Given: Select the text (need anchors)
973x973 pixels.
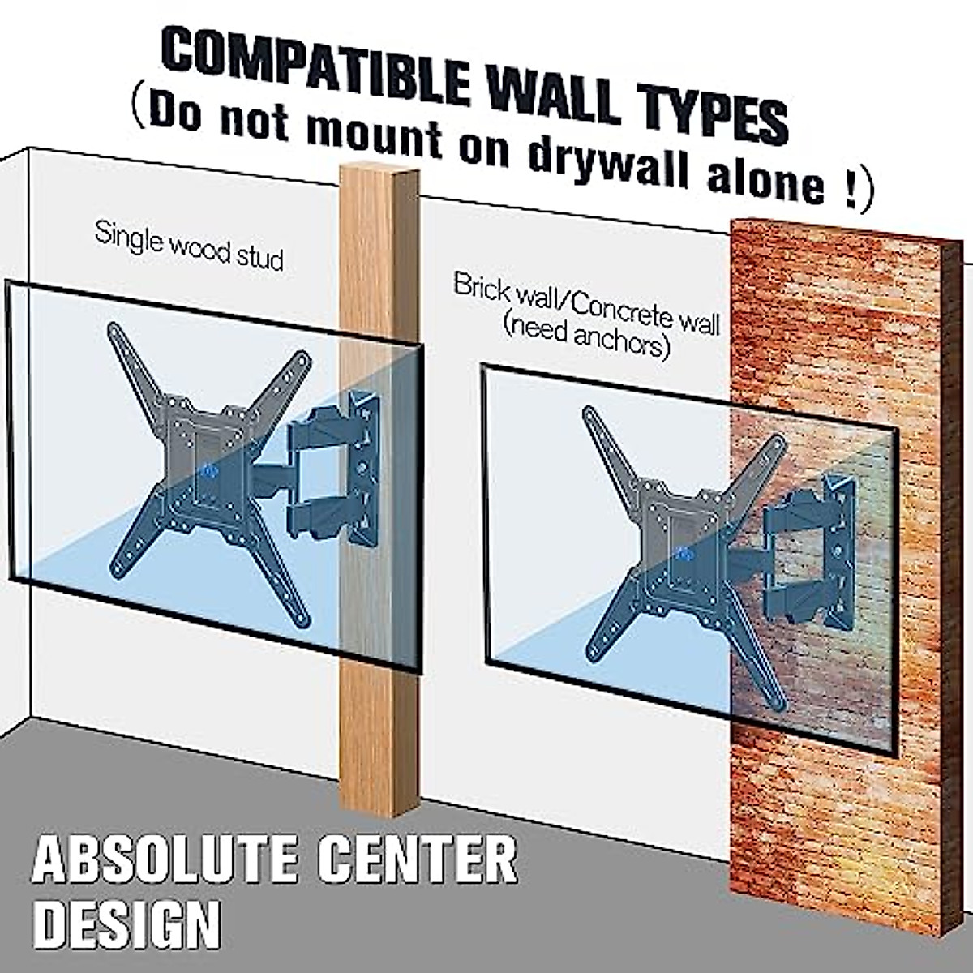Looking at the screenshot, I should [x=585, y=341].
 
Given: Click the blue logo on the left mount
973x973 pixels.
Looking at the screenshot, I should [x=207, y=470].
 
